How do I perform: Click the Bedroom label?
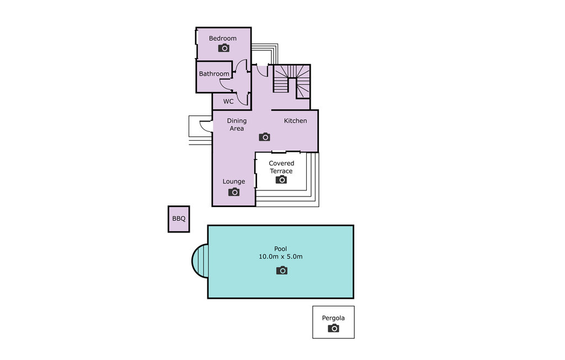click(223, 38)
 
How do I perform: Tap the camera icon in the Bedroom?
click(224, 47)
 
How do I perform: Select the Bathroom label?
click(214, 73)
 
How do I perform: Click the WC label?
click(228, 102)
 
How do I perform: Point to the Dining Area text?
click(237, 124)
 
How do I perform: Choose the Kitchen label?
click(296, 120)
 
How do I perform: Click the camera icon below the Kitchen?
click(264, 137)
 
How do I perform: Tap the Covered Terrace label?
click(281, 167)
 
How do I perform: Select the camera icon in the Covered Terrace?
click(281, 179)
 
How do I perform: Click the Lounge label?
click(234, 182)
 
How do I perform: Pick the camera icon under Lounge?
click(234, 192)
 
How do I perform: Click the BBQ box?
click(179, 219)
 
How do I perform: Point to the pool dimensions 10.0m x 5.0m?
click(281, 257)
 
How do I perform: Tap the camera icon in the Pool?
click(282, 270)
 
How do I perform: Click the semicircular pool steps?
click(200, 261)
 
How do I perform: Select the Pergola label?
click(333, 318)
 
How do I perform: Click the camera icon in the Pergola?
click(334, 329)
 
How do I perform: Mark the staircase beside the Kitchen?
click(291, 81)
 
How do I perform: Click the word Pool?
click(281, 248)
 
